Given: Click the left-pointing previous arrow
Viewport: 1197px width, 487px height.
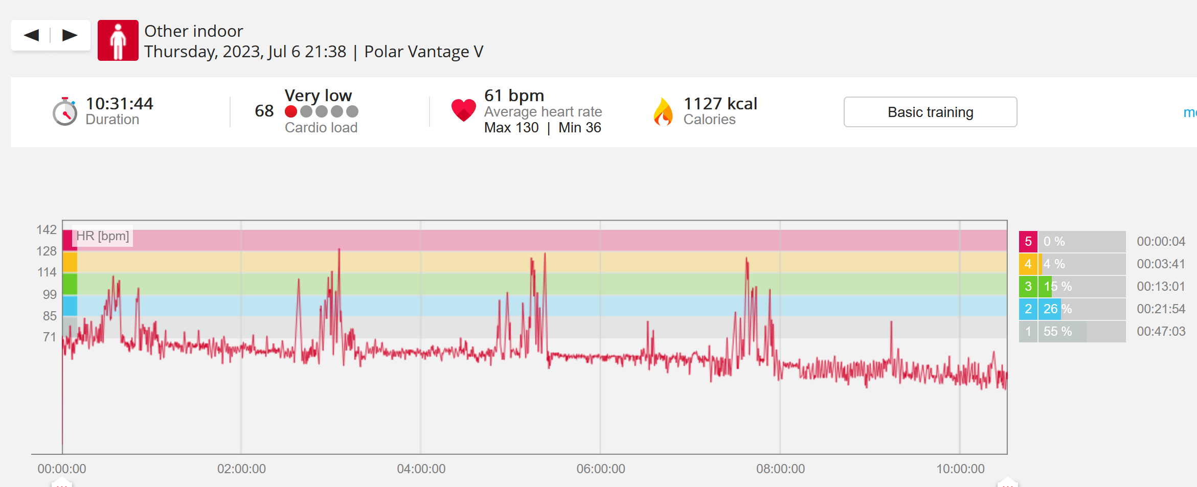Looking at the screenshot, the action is tap(31, 35).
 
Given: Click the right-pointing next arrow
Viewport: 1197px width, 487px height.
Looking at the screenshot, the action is tap(70, 35).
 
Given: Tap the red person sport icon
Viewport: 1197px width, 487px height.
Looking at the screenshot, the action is tap(118, 40).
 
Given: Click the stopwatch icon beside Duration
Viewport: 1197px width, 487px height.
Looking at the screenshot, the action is tap(65, 111).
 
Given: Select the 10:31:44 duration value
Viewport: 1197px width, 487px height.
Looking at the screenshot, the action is tap(120, 104).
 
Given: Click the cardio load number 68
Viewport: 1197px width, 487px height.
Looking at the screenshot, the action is tap(264, 111).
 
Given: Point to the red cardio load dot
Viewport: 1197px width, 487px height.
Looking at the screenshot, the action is tap(291, 111).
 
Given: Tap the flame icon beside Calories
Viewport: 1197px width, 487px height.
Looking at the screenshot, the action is tap(663, 111).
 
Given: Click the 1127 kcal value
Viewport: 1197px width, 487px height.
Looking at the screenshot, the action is tap(720, 104).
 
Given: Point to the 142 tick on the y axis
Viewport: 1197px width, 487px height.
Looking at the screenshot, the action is tap(47, 230).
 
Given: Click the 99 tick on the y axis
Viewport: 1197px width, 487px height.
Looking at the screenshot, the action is tap(50, 294).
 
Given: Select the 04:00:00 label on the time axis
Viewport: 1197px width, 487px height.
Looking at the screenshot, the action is tap(421, 469).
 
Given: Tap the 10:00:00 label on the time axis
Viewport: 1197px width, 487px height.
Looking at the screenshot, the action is tap(960, 469).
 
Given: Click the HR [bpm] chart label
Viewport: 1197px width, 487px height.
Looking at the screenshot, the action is tap(103, 236).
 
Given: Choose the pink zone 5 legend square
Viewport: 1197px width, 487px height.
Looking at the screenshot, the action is tap(1028, 242).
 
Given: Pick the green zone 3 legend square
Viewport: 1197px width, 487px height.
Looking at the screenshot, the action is tap(1028, 287).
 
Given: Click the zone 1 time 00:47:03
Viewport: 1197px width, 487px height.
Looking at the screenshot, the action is tap(1161, 332).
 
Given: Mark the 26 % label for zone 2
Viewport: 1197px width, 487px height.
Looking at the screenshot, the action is tap(1058, 309).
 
